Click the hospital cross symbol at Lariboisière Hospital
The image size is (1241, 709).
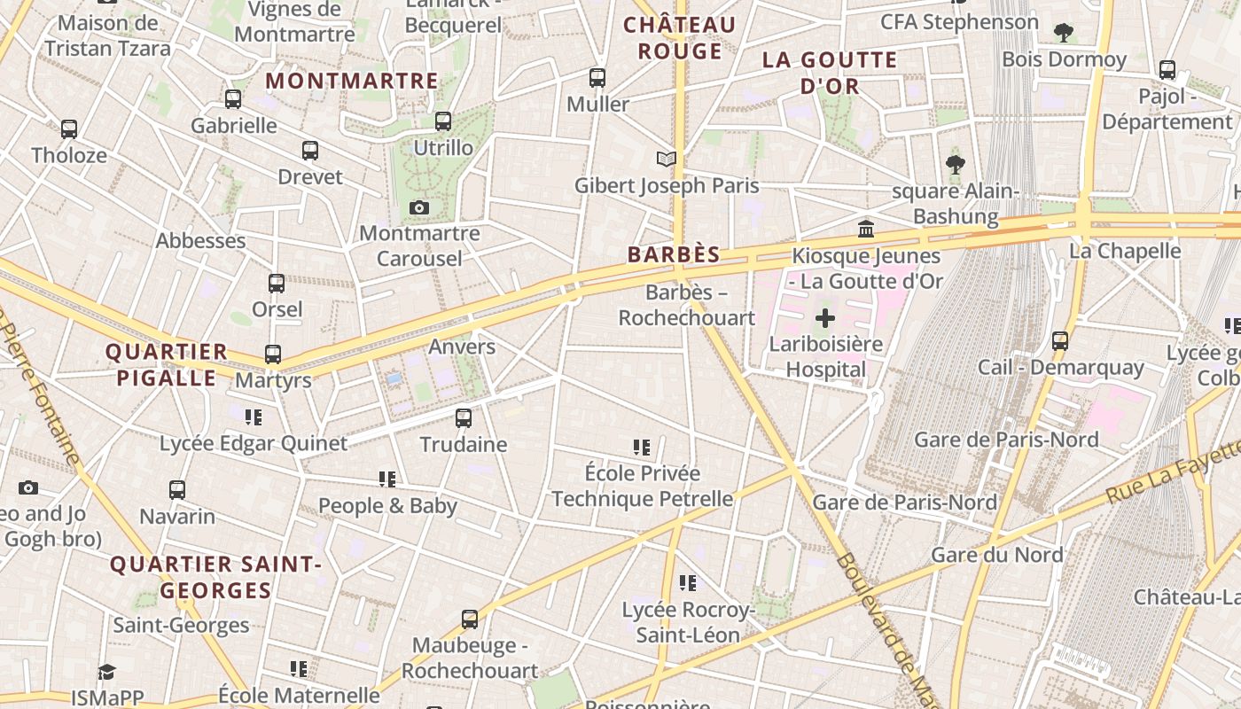point(825,317)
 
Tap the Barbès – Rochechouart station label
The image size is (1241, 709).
point(687,305)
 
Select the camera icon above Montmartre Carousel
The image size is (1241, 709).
point(419,208)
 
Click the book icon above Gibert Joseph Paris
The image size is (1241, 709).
point(667,160)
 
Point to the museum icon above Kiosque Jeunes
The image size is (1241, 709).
point(866,230)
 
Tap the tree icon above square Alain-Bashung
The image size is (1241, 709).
point(955,164)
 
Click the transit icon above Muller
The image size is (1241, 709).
point(597,78)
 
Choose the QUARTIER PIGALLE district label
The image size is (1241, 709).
point(167,364)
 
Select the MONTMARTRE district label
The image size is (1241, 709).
point(352,81)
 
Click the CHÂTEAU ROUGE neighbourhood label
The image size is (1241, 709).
point(680,37)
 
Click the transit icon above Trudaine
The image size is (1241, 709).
point(464,418)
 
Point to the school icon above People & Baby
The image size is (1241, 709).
point(387,479)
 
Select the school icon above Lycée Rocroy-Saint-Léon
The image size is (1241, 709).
point(688,583)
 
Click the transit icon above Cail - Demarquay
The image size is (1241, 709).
point(1060,341)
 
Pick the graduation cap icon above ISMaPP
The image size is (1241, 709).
point(107,672)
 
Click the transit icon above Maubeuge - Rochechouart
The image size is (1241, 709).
point(470,619)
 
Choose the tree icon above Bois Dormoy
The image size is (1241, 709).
point(1064,33)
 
